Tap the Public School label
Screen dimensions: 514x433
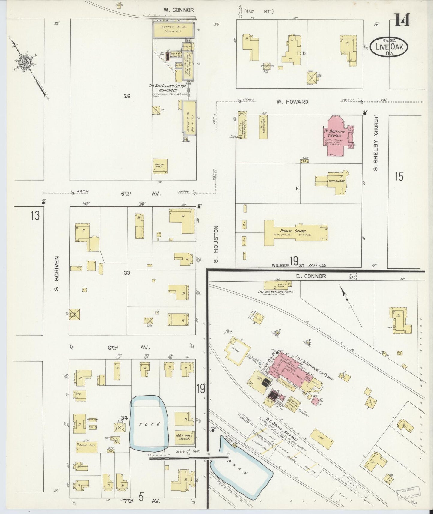(x=293, y=231)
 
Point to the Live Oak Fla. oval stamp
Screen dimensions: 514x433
(x=389, y=47)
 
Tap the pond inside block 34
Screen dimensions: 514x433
(x=149, y=423)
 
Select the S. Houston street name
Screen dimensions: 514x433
(x=216, y=244)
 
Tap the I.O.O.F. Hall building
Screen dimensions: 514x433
(x=184, y=437)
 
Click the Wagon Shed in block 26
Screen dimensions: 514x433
(x=160, y=166)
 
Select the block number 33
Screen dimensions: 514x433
(x=127, y=273)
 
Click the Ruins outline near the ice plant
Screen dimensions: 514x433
(x=238, y=351)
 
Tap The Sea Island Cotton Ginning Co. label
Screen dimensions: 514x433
(x=168, y=88)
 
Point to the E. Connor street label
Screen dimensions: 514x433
(x=311, y=276)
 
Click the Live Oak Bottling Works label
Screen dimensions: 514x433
(x=275, y=291)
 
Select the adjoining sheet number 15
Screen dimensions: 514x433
(x=399, y=177)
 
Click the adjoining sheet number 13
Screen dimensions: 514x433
(x=35, y=215)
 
